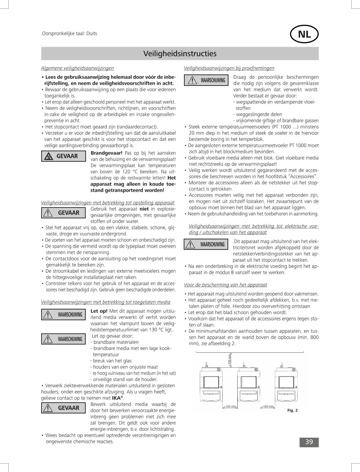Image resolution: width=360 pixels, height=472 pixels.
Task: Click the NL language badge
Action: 304,34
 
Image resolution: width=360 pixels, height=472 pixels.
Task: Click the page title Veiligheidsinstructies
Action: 180,54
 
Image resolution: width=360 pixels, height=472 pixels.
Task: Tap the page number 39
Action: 309,442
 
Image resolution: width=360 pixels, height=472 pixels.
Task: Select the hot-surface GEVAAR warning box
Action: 63,156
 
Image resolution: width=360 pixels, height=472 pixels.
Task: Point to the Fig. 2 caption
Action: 292,410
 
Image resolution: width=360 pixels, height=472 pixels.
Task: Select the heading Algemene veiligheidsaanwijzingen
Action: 77,68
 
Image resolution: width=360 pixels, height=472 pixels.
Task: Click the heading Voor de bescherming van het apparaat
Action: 225,285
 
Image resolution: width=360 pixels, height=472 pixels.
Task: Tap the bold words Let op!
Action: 99,311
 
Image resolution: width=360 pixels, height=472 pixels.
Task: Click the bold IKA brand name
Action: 116,398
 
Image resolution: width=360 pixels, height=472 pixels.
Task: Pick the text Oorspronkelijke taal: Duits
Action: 69,34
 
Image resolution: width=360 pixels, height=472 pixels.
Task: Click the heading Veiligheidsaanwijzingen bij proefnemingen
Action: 229,68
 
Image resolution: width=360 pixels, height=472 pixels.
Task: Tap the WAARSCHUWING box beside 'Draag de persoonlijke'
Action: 206,80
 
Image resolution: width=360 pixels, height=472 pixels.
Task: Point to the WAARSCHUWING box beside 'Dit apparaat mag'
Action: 206,245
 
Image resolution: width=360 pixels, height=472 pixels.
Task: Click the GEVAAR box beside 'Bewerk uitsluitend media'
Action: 63,408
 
